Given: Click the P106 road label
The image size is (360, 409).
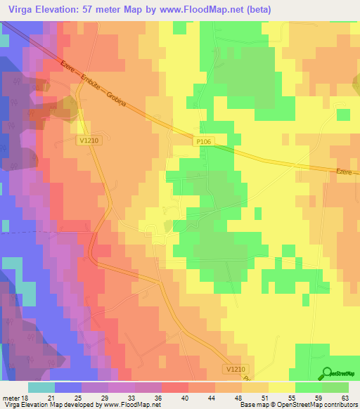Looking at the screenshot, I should [203, 141].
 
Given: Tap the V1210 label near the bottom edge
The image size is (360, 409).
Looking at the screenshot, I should [238, 368].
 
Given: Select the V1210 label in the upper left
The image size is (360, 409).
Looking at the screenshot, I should [88, 141].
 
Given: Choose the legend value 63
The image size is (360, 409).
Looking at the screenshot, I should [345, 397].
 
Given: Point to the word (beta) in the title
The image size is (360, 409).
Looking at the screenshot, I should [257, 9].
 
